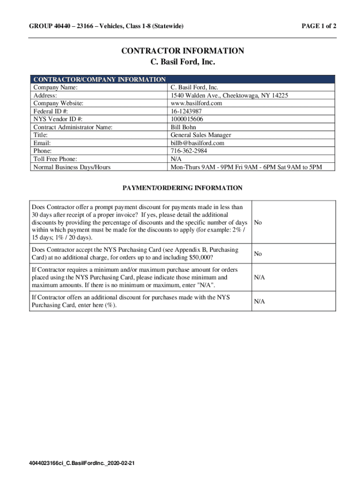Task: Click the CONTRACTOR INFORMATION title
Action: tap(183, 51)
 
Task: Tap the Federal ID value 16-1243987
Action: tap(186, 111)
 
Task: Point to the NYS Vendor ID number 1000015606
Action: tap(187, 119)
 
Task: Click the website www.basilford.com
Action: tap(196, 103)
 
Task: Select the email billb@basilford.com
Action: tap(197, 143)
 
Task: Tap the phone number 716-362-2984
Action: tap(189, 151)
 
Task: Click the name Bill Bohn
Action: tap(183, 127)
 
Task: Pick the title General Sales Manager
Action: tap(201, 135)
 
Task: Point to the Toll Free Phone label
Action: tap(55, 159)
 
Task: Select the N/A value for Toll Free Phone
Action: tap(176, 159)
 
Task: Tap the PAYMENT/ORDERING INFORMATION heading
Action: tap(182, 188)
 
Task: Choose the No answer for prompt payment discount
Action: tap(258, 223)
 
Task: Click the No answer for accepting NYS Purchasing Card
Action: tap(258, 254)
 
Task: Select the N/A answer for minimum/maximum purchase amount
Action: tap(259, 277)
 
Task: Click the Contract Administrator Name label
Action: tap(73, 127)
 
